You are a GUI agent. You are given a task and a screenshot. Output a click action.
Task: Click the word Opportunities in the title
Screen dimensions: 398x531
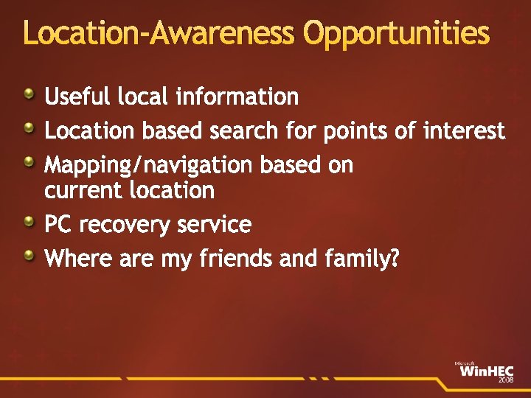coord(396,34)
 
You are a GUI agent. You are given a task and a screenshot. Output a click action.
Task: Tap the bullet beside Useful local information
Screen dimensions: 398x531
coord(27,93)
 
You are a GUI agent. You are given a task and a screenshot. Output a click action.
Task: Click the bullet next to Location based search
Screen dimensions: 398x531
coord(27,128)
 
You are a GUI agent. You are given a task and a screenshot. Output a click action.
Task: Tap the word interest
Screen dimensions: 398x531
coord(464,132)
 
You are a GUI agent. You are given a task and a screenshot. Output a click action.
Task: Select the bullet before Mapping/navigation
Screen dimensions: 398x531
coord(27,162)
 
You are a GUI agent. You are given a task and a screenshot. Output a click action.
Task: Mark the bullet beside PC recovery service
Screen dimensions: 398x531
coord(27,220)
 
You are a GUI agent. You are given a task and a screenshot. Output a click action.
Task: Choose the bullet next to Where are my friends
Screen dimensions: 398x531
coord(27,255)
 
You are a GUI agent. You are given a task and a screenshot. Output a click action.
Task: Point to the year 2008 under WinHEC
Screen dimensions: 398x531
coord(506,380)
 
